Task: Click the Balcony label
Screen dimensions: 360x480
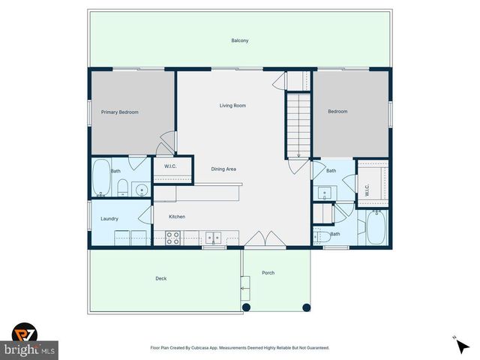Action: coord(239,40)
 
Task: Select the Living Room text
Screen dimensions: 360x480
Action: coord(232,105)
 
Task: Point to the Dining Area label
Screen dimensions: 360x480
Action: coord(223,169)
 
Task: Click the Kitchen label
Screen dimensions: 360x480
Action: coord(176,217)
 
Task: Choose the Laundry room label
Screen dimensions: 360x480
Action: coord(109,218)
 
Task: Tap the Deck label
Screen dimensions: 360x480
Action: coord(160,278)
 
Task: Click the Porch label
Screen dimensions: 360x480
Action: coord(268,272)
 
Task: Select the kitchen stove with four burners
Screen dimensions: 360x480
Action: coord(172,238)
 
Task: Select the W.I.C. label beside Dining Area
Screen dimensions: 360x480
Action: coord(169,165)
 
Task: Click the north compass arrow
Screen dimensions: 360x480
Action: coord(456,340)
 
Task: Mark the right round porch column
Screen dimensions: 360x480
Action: coord(306,307)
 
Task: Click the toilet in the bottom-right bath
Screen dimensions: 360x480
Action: coord(319,238)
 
